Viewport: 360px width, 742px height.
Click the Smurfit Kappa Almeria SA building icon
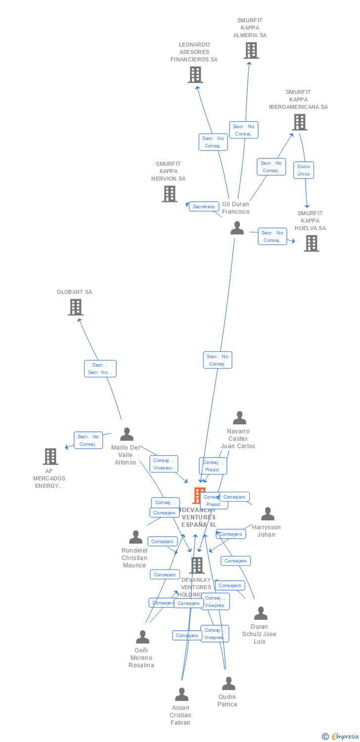[x=251, y=50]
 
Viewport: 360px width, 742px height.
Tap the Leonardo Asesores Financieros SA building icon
[x=195, y=75]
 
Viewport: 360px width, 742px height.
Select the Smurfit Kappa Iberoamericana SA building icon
[x=299, y=122]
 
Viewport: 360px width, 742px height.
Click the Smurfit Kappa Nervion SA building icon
[x=169, y=194]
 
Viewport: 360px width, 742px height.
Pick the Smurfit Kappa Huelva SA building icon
[x=311, y=243]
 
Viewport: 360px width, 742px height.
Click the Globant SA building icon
[x=75, y=307]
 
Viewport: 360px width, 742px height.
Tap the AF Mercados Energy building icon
[x=50, y=456]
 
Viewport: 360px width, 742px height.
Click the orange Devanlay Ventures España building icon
[x=198, y=495]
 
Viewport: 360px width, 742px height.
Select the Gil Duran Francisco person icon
[x=237, y=228]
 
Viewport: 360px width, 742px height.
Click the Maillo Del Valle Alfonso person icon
[x=127, y=434]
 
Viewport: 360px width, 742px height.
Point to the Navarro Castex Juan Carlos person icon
[x=239, y=418]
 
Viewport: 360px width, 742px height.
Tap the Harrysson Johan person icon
[x=268, y=514]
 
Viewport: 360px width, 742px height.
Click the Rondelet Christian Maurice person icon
[x=135, y=537]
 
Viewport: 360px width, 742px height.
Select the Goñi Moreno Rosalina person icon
[x=142, y=637]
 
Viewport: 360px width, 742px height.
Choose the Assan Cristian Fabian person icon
[x=181, y=695]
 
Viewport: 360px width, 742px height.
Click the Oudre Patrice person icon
[x=228, y=684]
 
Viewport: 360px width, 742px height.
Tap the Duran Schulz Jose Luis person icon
[x=261, y=613]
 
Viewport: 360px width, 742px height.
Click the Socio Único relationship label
[x=304, y=170]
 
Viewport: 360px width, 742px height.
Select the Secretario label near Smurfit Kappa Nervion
[x=204, y=206]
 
